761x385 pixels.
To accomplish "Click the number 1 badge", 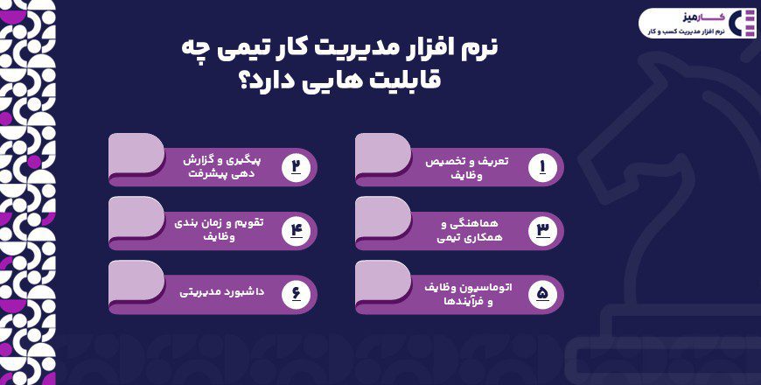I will pos(542,166).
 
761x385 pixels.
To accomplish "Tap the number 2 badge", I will pos(296,166).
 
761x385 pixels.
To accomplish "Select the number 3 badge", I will pos(542,230).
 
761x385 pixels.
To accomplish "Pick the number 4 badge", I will pos(296,230).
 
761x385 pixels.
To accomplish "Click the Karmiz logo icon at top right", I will pos(744,23).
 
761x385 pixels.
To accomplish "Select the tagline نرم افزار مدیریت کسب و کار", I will pos(685,31).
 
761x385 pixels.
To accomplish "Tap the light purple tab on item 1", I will pos(383,152).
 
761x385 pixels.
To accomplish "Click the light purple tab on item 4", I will pos(136,216).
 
